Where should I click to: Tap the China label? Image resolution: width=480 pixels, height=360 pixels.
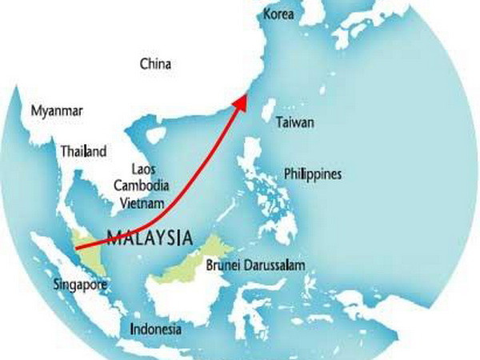coord(155,63)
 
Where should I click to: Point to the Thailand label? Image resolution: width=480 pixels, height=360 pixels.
coord(83,150)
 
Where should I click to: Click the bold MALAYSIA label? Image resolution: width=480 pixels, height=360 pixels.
coord(150,238)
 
